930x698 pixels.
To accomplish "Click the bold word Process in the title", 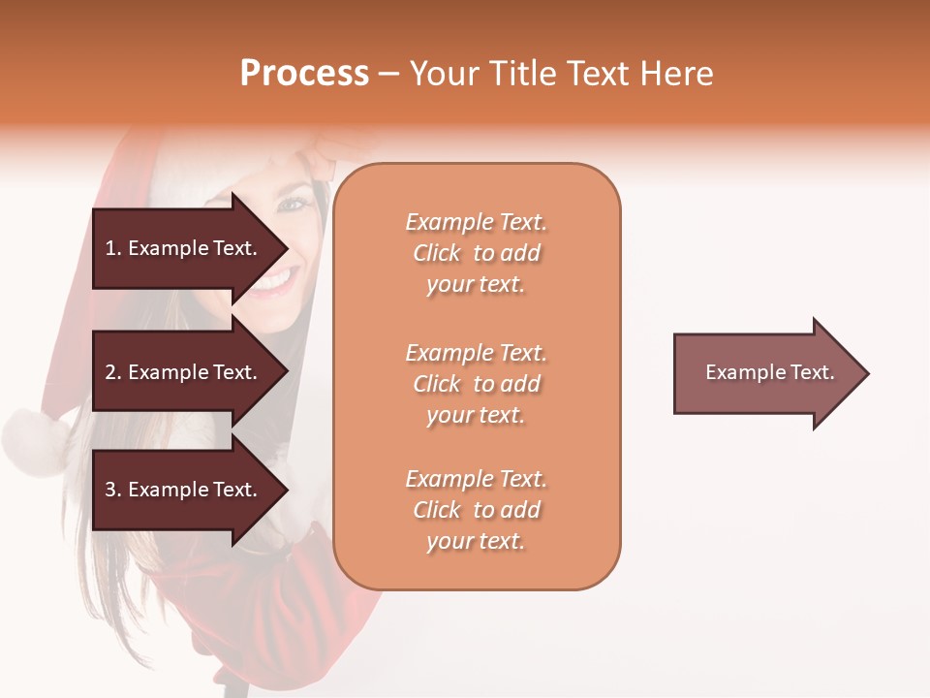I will tap(304, 74).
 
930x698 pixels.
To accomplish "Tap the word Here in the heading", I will tap(674, 74).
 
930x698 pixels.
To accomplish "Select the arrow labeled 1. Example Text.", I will tap(184, 248).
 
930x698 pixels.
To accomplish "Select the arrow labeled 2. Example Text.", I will tap(184, 372).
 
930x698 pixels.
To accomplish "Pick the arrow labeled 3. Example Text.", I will tap(184, 490).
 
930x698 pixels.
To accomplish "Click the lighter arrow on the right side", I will tap(765, 373).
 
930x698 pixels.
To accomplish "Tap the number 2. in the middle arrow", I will tap(113, 372).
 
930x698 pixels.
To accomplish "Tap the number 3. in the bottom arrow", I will tap(113, 490).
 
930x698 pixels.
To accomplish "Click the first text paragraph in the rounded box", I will tap(476, 253).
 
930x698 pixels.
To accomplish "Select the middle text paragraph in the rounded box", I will tap(476, 383).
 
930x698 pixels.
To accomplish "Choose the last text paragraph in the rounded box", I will tap(476, 510).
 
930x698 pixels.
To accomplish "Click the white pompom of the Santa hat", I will tap(33, 440).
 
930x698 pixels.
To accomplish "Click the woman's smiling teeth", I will tap(275, 282).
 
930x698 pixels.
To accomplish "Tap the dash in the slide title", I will tap(388, 75).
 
